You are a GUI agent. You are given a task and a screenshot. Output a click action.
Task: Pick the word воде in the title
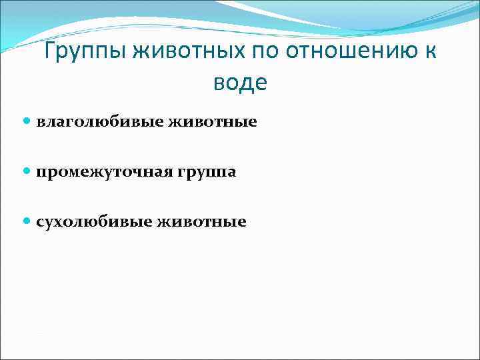click(x=240, y=83)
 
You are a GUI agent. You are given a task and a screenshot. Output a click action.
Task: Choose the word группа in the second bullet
click(x=206, y=172)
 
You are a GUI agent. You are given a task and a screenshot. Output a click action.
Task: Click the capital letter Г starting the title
click(x=49, y=51)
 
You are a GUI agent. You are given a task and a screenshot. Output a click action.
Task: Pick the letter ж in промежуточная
click(x=87, y=172)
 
